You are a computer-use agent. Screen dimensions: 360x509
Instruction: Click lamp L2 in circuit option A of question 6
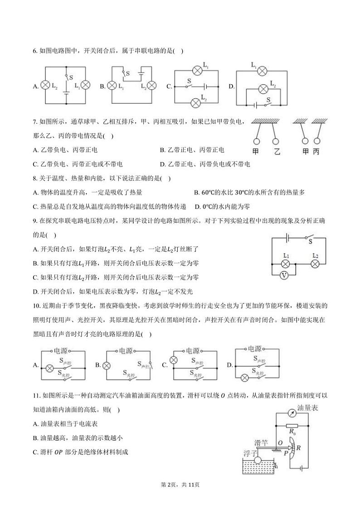coord(45,85)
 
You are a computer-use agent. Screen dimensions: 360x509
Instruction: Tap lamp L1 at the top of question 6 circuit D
coord(261,71)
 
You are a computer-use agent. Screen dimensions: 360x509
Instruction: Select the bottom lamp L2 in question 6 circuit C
coord(196,102)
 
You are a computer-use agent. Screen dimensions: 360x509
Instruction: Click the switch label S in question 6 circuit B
coord(128,73)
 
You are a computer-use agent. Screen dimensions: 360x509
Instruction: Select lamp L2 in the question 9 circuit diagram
coord(315,263)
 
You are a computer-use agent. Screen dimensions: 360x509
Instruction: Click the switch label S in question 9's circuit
coord(311,242)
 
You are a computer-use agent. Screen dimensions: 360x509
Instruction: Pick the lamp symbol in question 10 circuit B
coord(107,365)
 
